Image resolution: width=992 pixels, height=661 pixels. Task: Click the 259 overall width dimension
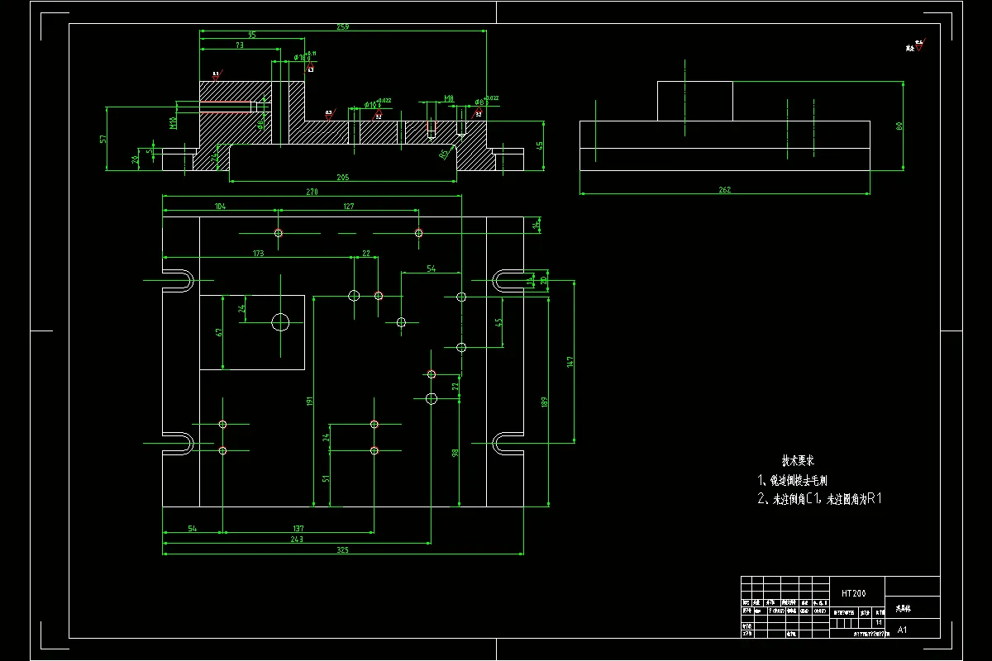[x=343, y=27]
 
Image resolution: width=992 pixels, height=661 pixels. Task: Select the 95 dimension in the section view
[x=251, y=36]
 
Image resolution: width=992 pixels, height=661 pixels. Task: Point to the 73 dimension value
[x=239, y=46]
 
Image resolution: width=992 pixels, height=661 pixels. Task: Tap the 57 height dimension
[x=104, y=139]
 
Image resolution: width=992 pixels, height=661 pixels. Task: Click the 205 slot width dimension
[x=343, y=177]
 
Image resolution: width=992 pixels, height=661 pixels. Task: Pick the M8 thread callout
[x=449, y=98]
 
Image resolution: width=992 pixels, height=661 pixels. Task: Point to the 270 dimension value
[x=312, y=192]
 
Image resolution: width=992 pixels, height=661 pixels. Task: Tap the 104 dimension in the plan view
[x=220, y=206]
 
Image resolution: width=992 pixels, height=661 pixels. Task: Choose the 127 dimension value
[x=348, y=206]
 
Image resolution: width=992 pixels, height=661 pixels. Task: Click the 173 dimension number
[x=258, y=254]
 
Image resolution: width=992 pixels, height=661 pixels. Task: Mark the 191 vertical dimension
[x=310, y=401]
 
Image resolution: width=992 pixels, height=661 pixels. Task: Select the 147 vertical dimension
[x=570, y=362]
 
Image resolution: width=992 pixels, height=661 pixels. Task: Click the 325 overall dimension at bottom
[x=343, y=549]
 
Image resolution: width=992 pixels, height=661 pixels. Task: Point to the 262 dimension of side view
[x=725, y=190]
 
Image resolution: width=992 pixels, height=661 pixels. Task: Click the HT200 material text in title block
[x=854, y=593]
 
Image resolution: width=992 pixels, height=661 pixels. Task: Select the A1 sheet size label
[x=902, y=630]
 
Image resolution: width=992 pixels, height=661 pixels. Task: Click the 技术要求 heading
[x=798, y=460]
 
